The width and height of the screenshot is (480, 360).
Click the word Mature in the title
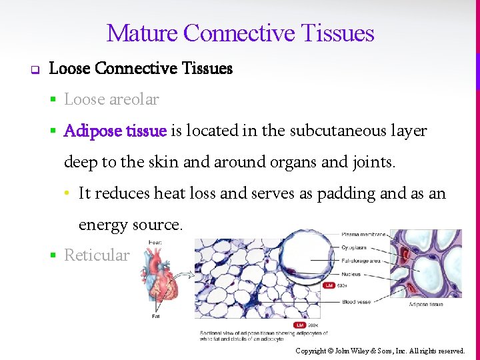pyautogui.click(x=142, y=33)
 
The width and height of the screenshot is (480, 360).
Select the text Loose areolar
pyautogui.click(x=111, y=99)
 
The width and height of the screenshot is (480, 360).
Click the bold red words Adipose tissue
pyautogui.click(x=115, y=131)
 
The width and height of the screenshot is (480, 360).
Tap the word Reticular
pyautogui.click(x=97, y=255)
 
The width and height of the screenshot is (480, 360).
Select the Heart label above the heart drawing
pyautogui.click(x=155, y=243)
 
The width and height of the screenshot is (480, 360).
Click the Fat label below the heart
pyautogui.click(x=155, y=316)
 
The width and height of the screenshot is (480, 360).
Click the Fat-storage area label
pyautogui.click(x=361, y=261)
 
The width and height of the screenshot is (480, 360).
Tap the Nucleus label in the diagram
pyautogui.click(x=351, y=274)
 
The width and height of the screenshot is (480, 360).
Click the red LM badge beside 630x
pyautogui.click(x=329, y=285)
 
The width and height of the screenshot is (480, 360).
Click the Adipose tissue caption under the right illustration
pyautogui.click(x=425, y=305)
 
